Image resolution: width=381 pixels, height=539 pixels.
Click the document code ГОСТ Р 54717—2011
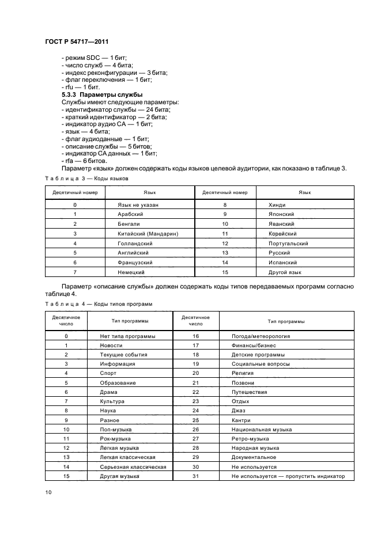coord(77,43)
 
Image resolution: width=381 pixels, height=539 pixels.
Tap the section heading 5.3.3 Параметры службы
coord(103,94)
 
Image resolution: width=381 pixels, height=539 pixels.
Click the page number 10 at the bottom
coord(48,492)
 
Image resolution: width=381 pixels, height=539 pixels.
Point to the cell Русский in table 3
coord(282,253)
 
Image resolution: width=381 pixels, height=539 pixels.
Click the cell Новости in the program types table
coord(111,345)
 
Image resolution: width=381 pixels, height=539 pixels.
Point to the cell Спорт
coord(108,373)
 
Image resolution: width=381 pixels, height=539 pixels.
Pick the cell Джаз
coord(239,411)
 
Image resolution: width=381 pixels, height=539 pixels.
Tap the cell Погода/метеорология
coord(261,336)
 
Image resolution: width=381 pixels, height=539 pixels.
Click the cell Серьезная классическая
coord(133,466)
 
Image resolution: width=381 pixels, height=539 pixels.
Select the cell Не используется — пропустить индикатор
coord(288,476)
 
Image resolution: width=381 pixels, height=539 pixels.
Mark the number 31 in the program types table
coord(195,476)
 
